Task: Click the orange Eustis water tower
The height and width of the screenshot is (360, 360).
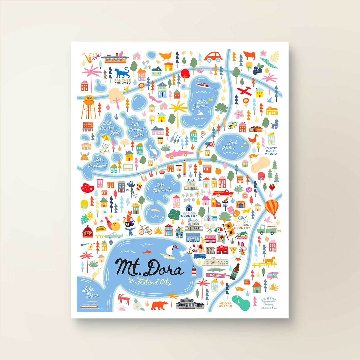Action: pos(88,107)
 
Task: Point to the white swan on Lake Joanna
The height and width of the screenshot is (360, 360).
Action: pos(201,114)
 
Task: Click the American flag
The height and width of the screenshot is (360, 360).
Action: pos(210,144)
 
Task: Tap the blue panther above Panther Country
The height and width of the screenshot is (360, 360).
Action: pos(122,73)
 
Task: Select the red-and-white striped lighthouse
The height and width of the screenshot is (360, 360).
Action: pos(193,272)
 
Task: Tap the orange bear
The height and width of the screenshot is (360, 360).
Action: pos(160,305)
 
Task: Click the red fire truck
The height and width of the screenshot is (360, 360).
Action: pos(223,193)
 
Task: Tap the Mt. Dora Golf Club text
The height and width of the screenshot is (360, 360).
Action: pos(226,305)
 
